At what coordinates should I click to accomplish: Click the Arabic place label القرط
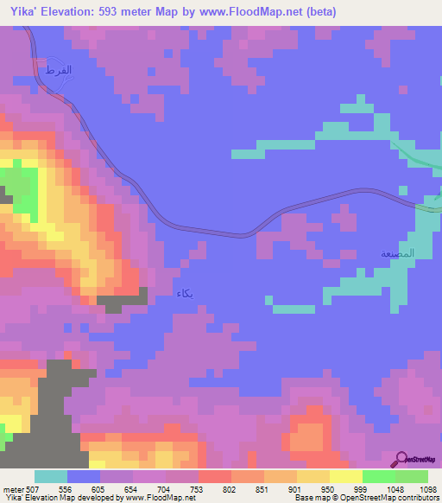coord(57,68)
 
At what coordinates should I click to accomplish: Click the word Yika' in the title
coord(19,12)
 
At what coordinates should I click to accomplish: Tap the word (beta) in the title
coord(318,12)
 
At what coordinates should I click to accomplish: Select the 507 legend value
coord(31,487)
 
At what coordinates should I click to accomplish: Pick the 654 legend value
coord(132,487)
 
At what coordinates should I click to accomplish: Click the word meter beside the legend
coord(11,487)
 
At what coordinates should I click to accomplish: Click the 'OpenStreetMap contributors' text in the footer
coord(388,498)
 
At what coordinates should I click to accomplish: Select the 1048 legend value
coord(395,487)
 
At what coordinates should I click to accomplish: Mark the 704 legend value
coord(165,487)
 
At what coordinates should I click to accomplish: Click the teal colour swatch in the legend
coord(51,476)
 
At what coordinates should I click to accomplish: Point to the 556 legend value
coord(66,487)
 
